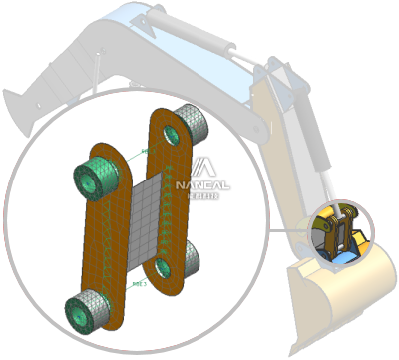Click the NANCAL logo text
tap(202, 184)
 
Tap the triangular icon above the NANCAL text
tap(201, 167)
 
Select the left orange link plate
tap(112, 235)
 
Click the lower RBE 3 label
tap(140, 284)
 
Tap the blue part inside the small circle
tap(342, 256)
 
